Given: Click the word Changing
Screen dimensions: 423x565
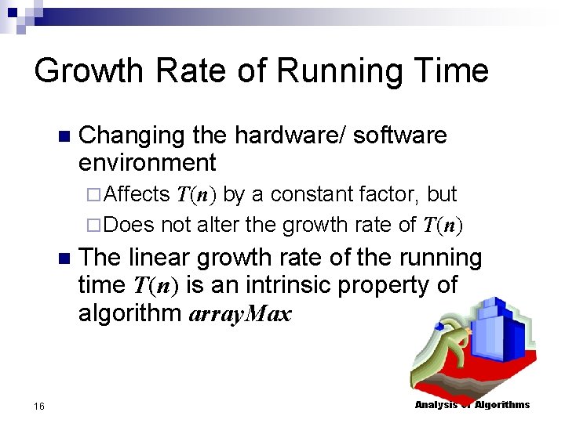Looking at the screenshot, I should point(132,136).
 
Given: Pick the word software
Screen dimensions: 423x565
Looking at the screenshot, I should point(400,136).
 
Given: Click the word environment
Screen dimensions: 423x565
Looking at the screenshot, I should point(147,163).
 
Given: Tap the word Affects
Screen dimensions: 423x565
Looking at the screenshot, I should point(137,193).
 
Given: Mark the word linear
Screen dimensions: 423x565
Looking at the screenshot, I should point(162,258).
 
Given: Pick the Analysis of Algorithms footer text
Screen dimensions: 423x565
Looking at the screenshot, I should point(472,404).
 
